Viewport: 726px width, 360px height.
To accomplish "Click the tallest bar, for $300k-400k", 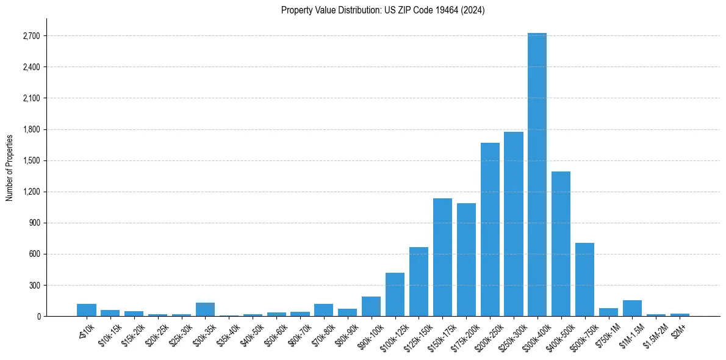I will [537, 175].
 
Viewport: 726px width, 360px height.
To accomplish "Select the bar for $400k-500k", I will [561, 244].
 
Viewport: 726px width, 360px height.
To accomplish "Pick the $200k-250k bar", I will [490, 229].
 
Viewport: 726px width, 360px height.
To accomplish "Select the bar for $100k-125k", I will [395, 295].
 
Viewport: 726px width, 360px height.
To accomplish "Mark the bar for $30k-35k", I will [205, 309].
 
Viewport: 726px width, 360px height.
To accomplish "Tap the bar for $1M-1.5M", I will [632, 308].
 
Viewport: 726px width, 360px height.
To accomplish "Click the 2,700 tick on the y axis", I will [31, 36].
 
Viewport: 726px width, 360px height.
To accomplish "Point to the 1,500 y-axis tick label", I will [31, 160].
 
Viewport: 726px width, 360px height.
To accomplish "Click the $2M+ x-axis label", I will [678, 330].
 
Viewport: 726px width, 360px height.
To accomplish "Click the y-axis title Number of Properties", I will [10, 167].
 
